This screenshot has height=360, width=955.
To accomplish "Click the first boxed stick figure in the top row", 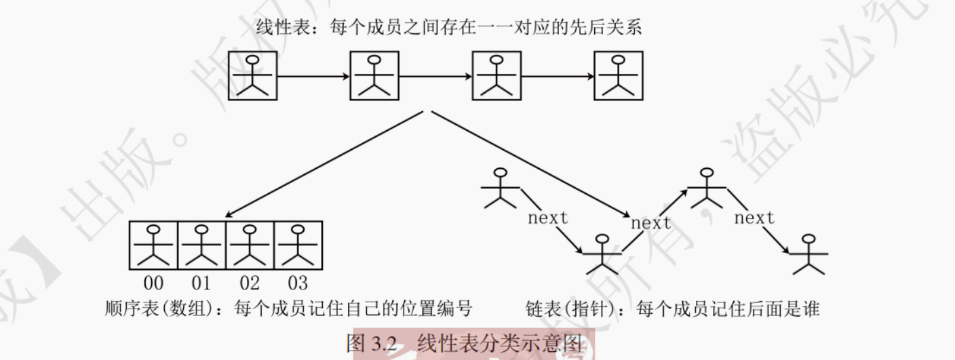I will pos(252,76).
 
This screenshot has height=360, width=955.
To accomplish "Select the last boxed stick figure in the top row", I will pos(618,76).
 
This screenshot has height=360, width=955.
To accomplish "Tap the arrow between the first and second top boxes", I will pos(313,76).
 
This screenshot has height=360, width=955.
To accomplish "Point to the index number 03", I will pos(298,283).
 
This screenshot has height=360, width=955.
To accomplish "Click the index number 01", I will pos(201,283).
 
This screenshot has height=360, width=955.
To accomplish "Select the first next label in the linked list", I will pos(548,218).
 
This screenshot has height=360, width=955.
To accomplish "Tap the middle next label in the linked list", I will pos(651,222).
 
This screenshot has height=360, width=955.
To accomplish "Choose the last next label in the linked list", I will pos(754,218).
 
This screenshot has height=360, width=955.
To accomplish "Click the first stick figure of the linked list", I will pos(501,188).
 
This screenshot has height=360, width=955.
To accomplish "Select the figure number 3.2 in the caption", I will pos(384,343).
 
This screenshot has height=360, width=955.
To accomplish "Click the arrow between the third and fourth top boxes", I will pos(557,76).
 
